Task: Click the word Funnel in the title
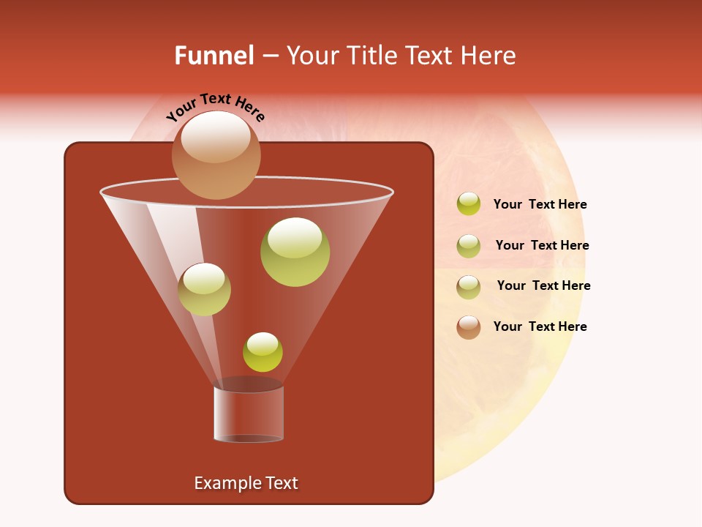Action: coord(214,56)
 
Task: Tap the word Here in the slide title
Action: coord(488,56)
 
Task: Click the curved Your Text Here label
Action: coord(215,106)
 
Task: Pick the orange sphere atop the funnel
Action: coord(216,154)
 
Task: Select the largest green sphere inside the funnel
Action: coord(295,252)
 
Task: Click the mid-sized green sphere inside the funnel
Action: coord(204,289)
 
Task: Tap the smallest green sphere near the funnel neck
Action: coord(263,352)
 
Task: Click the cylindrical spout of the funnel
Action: coord(249,414)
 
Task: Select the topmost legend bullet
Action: coord(469,204)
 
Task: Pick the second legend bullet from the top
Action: coord(469,246)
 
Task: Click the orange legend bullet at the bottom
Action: coord(469,327)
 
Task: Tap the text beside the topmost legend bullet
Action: coord(540,204)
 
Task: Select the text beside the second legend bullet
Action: coord(542,245)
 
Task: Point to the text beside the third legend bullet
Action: coord(543,285)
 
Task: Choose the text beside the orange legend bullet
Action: coord(540,326)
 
